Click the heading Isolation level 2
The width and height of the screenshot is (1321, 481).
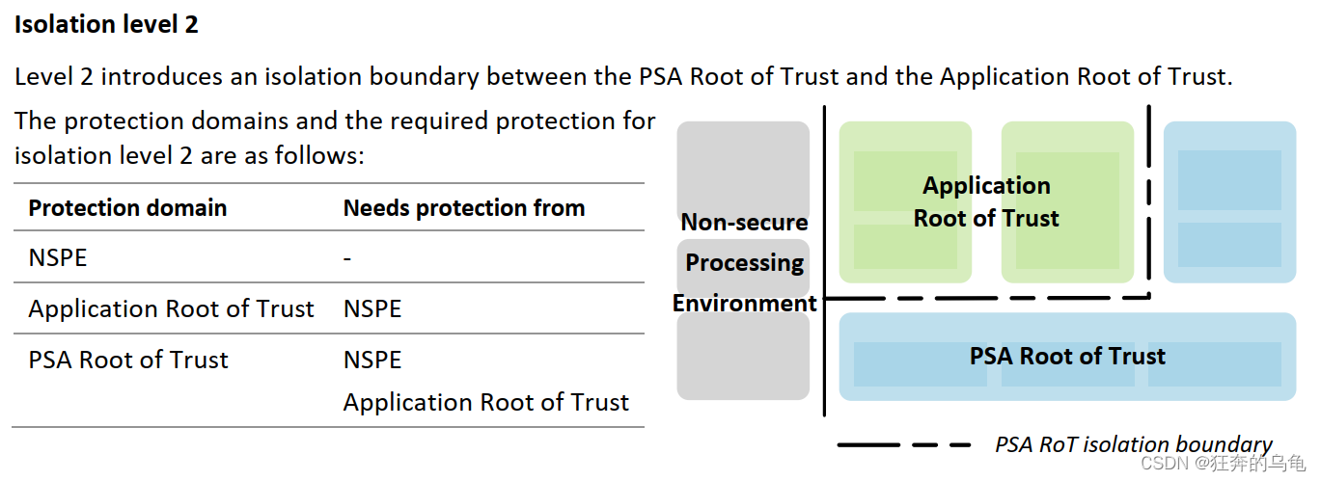(106, 25)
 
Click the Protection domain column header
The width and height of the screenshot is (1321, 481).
(127, 208)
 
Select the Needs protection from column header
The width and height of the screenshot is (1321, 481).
(464, 208)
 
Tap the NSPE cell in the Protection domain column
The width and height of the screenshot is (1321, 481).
(58, 258)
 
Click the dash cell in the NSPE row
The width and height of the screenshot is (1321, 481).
(347, 258)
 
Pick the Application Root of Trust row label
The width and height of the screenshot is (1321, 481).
(171, 309)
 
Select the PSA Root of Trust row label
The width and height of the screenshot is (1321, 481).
(128, 361)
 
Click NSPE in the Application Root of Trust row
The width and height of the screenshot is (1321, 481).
(372, 309)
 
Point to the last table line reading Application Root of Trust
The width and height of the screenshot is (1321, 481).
(485, 402)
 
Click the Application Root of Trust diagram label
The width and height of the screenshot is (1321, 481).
(986, 202)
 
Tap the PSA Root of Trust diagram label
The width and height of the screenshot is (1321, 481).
(1067, 357)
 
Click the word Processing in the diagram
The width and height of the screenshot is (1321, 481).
(744, 263)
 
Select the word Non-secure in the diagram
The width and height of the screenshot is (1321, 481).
(744, 223)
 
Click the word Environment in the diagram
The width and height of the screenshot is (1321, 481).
(744, 304)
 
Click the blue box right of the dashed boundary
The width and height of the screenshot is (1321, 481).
(1229, 202)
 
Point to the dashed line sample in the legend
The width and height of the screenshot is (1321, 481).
(904, 445)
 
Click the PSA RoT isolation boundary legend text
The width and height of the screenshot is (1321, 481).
(1133, 444)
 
